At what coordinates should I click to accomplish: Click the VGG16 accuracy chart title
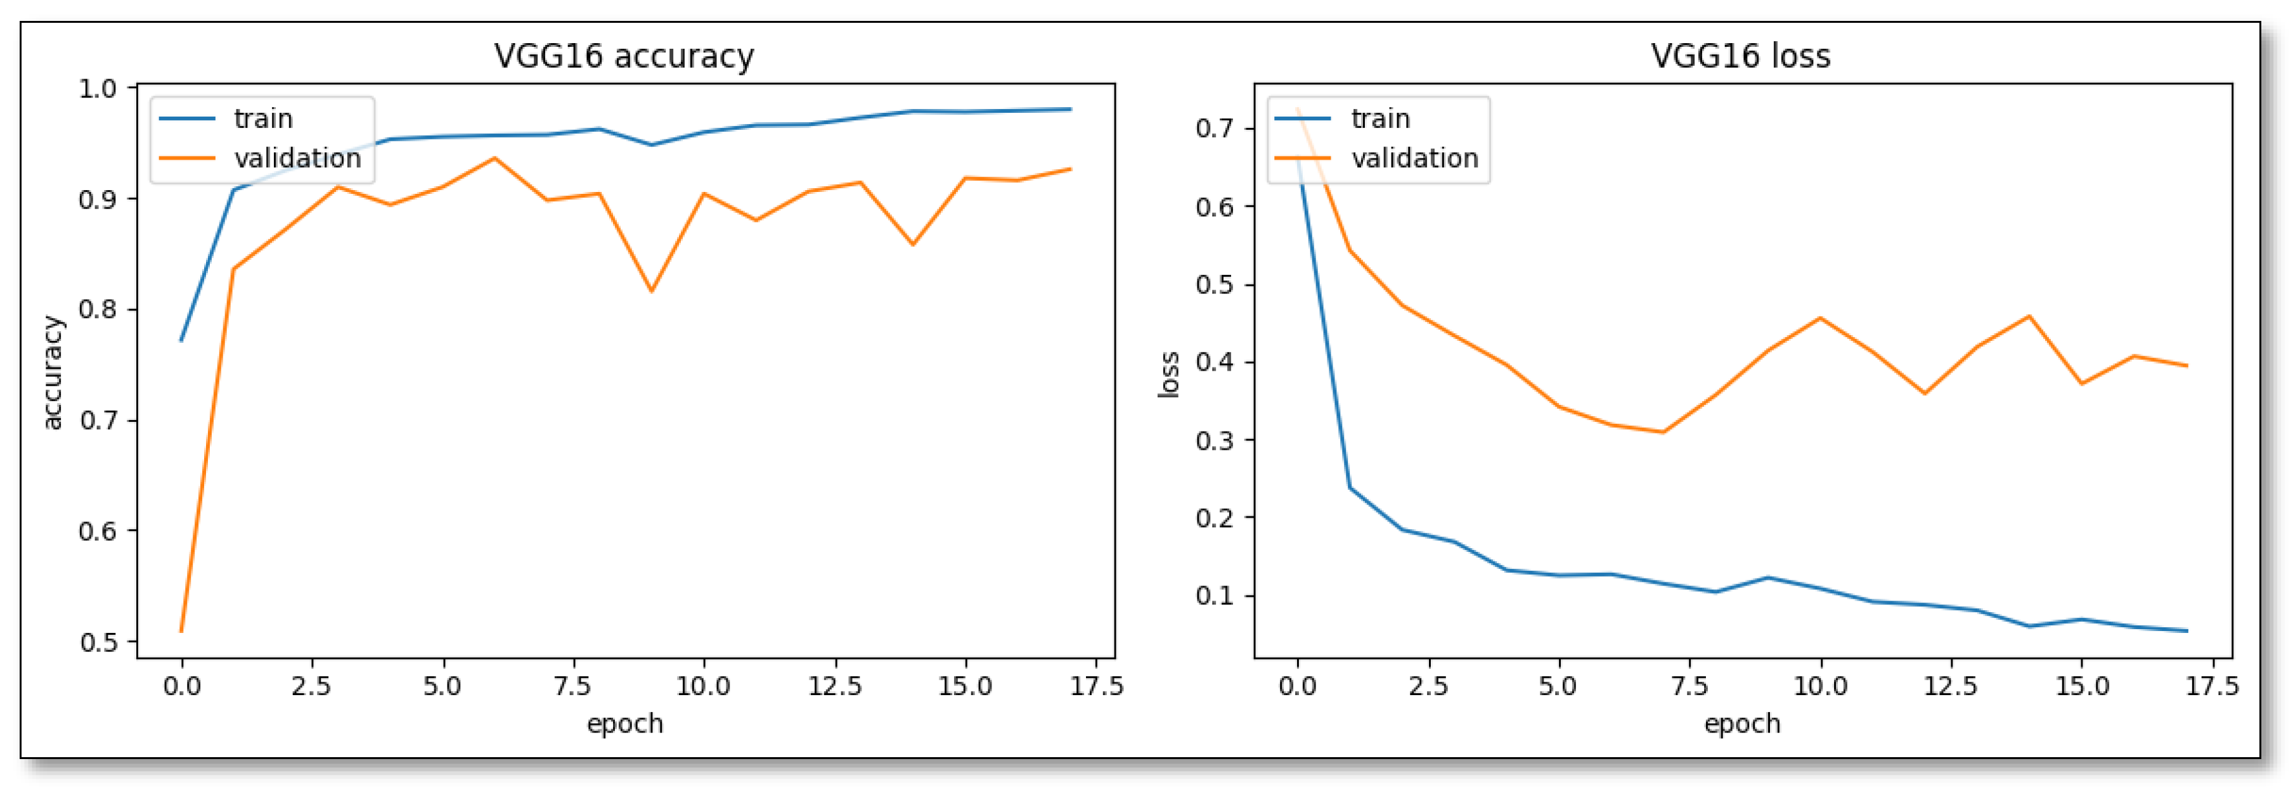624,56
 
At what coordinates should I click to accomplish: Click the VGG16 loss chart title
1740,56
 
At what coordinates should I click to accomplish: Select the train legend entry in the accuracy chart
262,118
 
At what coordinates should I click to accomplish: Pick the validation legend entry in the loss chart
1414,158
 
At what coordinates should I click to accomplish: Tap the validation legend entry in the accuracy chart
297,158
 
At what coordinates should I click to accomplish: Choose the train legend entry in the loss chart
1379,118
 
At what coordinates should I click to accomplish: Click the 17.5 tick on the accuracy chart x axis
1095,686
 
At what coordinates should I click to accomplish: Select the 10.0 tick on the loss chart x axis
1819,686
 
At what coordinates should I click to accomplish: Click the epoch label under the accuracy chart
625,724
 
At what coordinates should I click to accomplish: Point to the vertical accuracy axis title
53,372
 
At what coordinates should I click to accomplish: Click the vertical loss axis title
1169,374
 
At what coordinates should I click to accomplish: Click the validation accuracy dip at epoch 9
652,290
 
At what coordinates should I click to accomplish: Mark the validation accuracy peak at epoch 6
495,158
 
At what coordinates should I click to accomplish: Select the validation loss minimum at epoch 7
1663,433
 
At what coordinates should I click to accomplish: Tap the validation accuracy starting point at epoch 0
181,631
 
